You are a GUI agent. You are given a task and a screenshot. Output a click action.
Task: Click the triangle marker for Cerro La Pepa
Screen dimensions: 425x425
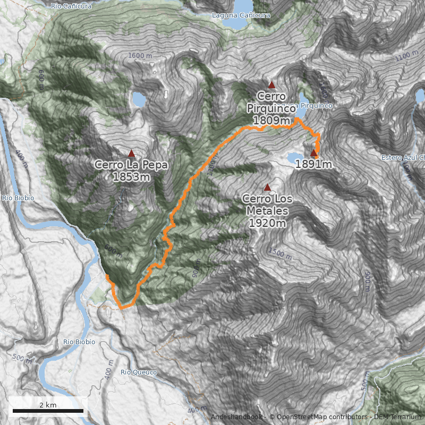pos(131,153)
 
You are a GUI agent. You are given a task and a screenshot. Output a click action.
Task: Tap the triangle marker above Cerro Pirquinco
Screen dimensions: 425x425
pos(271,84)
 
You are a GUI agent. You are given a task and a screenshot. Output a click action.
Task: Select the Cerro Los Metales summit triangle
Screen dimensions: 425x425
pos(267,187)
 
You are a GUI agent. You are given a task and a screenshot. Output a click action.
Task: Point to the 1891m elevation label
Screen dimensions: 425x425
pos(313,165)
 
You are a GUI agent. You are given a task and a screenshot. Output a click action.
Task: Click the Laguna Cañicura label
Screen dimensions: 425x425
pos(241,15)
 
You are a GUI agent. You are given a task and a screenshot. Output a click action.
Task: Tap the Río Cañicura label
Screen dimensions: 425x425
pos(71,6)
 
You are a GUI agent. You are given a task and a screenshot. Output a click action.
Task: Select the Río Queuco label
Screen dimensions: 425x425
pos(139,372)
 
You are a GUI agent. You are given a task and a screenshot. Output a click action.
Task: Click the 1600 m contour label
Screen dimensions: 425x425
pos(140,56)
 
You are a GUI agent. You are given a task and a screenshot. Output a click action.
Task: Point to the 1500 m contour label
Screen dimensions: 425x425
pos(280,253)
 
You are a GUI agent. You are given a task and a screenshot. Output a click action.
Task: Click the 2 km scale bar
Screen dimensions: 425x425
pos(48,411)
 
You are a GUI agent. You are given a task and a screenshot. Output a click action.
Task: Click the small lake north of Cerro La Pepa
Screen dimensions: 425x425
pos(140,99)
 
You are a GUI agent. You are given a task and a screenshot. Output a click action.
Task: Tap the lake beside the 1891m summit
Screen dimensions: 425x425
pos(294,157)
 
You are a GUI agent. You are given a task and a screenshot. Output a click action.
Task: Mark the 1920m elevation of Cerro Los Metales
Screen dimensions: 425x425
pos(267,223)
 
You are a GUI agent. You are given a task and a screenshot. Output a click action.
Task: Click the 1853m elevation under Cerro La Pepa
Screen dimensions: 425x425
pos(131,177)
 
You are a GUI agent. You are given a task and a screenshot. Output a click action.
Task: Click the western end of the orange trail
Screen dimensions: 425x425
pos(107,277)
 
